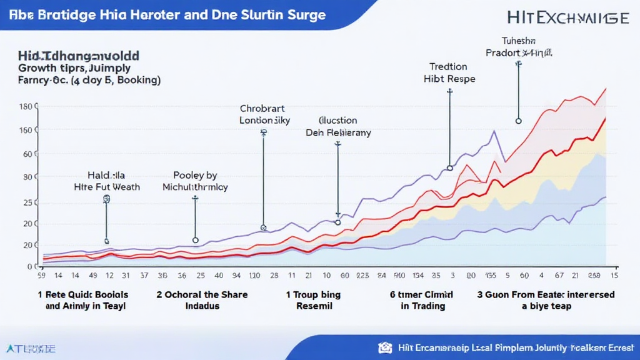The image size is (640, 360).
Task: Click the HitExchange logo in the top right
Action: (x=568, y=17)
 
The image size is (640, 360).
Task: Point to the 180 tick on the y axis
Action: (x=25, y=107)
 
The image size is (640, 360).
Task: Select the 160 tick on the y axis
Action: (x=25, y=131)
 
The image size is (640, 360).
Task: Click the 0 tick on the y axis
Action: (x=29, y=267)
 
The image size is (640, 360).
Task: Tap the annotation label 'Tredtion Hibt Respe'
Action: (x=449, y=72)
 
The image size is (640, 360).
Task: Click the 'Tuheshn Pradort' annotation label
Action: (x=518, y=47)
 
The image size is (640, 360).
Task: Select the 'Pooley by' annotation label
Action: (x=194, y=181)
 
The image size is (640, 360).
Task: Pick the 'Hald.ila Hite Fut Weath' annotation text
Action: (x=107, y=181)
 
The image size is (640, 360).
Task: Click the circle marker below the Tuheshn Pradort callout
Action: (x=518, y=121)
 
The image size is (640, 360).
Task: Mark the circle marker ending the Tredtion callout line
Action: (x=449, y=167)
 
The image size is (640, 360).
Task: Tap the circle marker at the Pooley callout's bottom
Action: (x=195, y=240)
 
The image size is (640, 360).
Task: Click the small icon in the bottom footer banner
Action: (x=385, y=347)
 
